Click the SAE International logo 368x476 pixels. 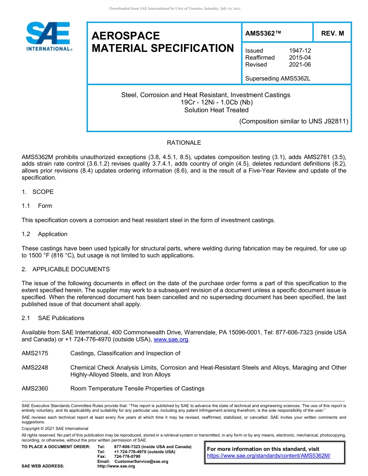tap(48, 37)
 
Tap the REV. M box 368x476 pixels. tap(332, 34)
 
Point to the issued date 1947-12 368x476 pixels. tap(300, 51)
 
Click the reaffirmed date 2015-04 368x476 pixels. tap(300, 58)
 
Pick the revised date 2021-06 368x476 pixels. tap(300, 65)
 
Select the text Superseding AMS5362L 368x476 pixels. tap(278, 79)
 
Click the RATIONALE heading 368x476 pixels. tap(184, 143)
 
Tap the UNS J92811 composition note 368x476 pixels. tap(294, 121)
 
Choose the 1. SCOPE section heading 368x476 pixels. tap(38, 192)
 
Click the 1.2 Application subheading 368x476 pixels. tap(45, 234)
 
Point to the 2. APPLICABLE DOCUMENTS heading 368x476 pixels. tap(65, 269)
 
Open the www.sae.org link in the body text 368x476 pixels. tap(171, 339)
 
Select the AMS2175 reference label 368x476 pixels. tap(35, 353)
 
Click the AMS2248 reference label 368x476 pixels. tap(35, 368)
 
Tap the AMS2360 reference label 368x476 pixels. tap(35, 389)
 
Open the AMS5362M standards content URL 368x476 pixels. tap(268, 456)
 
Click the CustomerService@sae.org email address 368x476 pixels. tap(141, 461)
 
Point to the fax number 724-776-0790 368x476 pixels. tap(127, 457)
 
